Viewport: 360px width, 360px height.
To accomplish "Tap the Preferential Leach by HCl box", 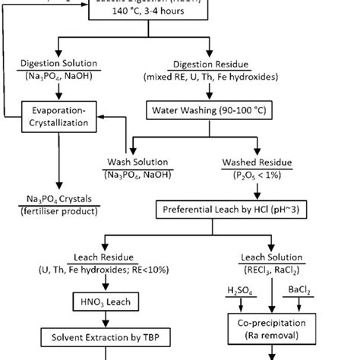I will coord(233,207).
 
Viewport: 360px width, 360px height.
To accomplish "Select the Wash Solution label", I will coord(137,162).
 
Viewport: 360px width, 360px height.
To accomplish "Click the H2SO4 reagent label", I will coord(242,290).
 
